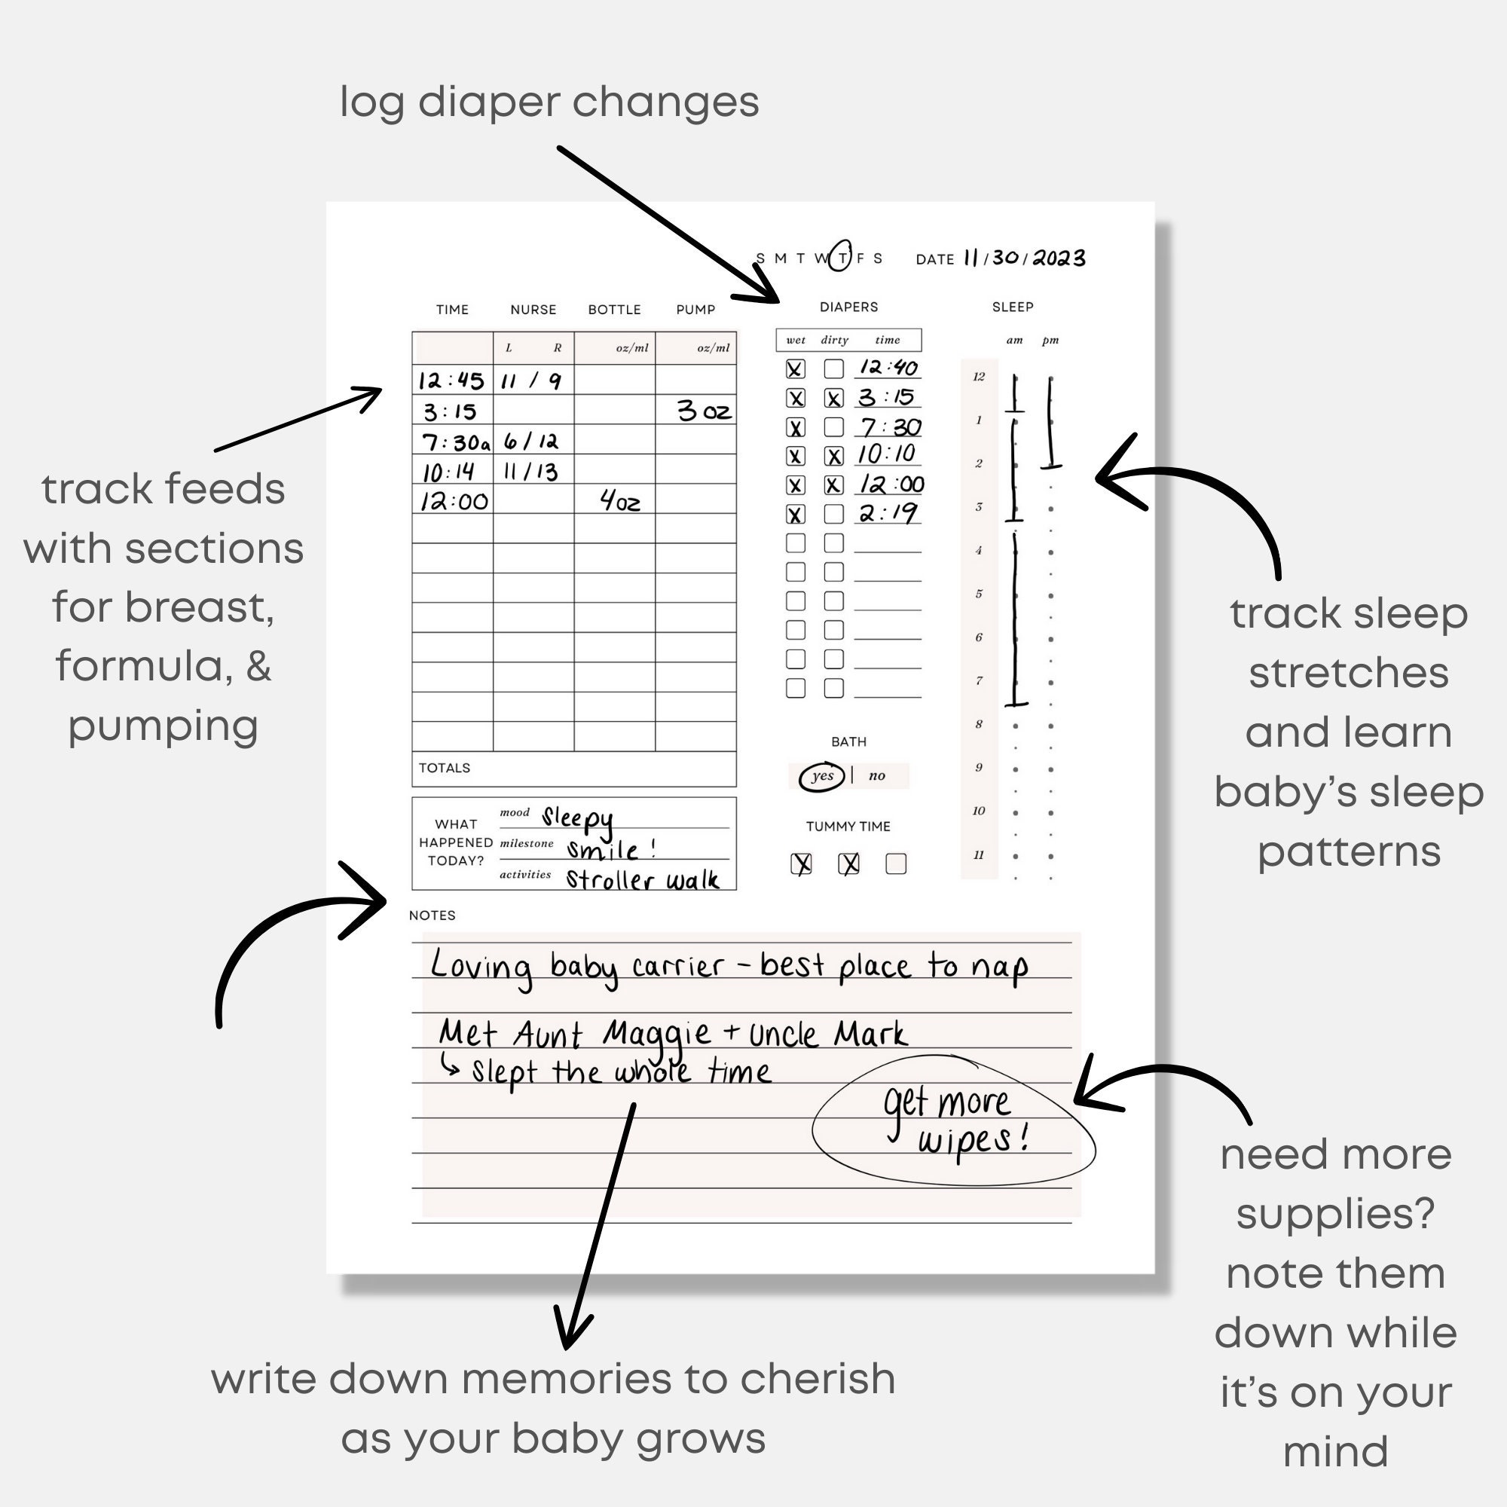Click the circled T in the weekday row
click(841, 258)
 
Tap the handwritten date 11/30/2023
click(1023, 258)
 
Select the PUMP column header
click(695, 310)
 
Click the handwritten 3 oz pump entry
click(704, 411)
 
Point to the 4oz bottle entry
click(620, 501)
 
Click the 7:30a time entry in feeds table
click(456, 442)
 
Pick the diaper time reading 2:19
click(888, 513)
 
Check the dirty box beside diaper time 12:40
click(834, 368)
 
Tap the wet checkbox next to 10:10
click(795, 457)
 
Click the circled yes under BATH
click(822, 776)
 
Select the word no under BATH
click(877, 776)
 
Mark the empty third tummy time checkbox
click(895, 864)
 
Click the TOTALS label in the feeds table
click(444, 768)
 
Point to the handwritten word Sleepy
click(577, 818)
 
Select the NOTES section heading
click(431, 915)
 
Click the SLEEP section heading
click(1013, 307)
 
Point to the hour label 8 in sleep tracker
click(979, 724)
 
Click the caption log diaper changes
click(549, 102)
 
